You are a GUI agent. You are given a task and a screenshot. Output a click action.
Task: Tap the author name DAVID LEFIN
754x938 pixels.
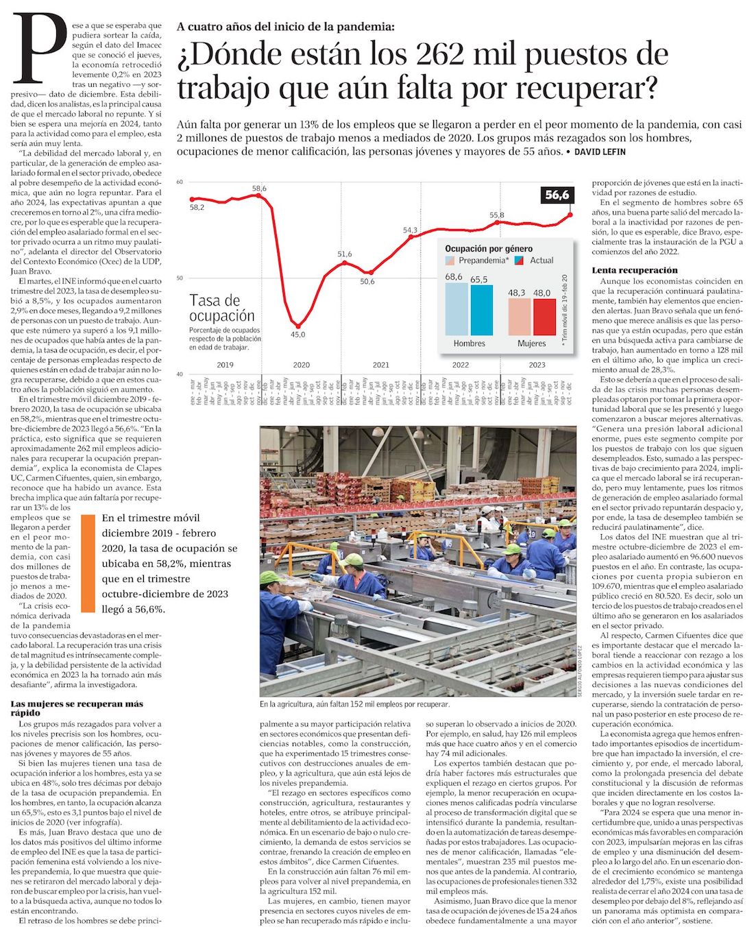coord(600,152)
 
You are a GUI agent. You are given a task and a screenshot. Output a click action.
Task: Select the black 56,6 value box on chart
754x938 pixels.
coord(557,195)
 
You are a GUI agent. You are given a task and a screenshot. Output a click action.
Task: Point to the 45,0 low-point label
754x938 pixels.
coord(297,335)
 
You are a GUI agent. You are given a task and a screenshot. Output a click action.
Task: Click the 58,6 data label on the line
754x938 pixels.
coord(259,189)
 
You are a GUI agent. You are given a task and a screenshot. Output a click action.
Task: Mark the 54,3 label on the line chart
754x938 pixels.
coord(410,230)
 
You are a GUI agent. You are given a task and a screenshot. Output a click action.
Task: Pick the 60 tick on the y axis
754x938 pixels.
coord(180,182)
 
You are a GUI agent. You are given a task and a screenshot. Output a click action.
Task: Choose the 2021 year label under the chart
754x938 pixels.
coord(381,365)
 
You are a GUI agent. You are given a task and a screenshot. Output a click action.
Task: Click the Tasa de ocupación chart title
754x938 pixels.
coord(221,308)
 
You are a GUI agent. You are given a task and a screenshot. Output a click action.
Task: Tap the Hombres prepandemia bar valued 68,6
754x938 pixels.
coord(456,309)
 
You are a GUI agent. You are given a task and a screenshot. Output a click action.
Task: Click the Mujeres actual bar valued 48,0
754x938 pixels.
coord(544,317)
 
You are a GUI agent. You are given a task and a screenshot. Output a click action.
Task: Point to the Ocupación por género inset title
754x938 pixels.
coord(488,249)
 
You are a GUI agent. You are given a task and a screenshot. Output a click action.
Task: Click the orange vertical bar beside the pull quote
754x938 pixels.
coord(87,563)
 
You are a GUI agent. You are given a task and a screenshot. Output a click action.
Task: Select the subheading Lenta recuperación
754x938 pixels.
coord(634,270)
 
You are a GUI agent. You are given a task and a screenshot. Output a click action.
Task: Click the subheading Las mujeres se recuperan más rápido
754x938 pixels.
coord(77,708)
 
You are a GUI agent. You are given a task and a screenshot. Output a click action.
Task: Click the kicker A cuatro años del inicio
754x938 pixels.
coord(285,27)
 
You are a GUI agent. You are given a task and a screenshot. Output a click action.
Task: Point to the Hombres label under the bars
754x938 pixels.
coord(469,344)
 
